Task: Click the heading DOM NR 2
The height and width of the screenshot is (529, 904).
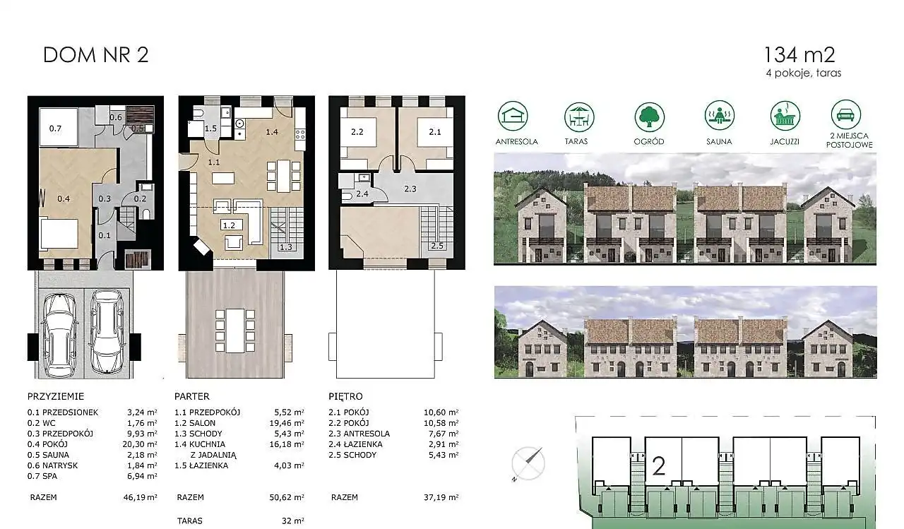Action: click(x=95, y=55)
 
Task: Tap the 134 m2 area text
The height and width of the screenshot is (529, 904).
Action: click(x=799, y=55)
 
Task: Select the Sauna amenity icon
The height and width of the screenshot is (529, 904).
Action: click(x=719, y=116)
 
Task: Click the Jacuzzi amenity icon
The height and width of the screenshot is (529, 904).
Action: click(x=785, y=116)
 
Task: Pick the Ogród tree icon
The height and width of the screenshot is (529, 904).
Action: click(x=649, y=117)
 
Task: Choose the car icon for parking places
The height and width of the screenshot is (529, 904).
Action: click(x=846, y=114)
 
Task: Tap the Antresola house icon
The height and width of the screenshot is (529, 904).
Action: click(x=513, y=117)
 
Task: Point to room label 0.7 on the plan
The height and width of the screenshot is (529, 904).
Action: click(x=55, y=129)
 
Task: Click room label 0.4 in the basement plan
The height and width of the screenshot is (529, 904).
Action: click(x=64, y=198)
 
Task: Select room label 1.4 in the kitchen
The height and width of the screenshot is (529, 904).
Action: click(x=272, y=131)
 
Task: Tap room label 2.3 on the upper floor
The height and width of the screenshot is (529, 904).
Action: click(x=410, y=189)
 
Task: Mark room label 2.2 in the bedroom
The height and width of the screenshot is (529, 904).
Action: click(x=357, y=131)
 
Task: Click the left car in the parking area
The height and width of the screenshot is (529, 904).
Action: click(x=59, y=333)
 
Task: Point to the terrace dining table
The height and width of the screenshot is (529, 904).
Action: click(x=235, y=331)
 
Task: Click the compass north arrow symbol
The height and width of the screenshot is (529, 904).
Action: click(x=528, y=463)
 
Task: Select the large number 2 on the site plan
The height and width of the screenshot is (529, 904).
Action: click(x=659, y=466)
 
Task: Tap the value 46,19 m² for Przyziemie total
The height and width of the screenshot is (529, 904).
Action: click(x=140, y=497)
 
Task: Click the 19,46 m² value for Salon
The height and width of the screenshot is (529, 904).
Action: click(x=287, y=423)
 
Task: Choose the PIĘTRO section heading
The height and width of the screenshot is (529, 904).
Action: click(x=345, y=396)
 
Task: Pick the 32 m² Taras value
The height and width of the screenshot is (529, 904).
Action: click(x=292, y=521)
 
